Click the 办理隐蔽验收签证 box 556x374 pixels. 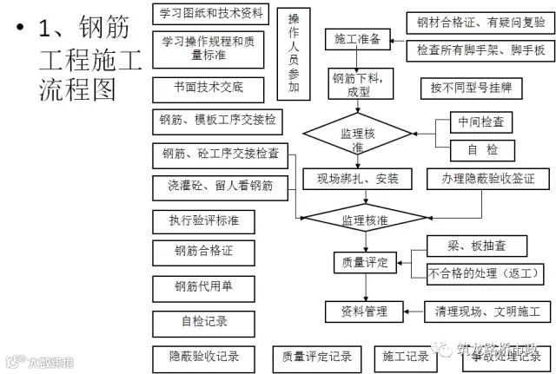tap(487, 180)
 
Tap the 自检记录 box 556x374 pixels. tap(203, 321)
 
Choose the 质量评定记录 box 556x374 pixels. tap(317, 356)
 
